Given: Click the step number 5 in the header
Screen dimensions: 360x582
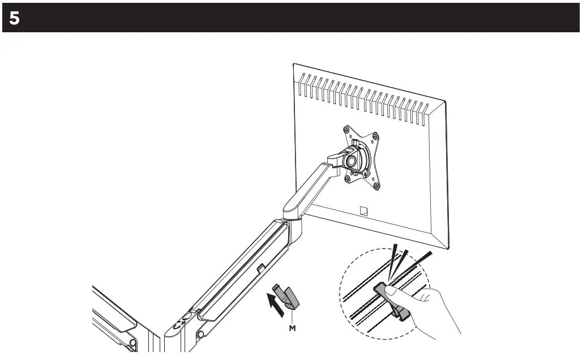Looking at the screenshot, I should [14, 18].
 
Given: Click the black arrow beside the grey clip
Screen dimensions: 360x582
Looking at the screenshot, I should [275, 303].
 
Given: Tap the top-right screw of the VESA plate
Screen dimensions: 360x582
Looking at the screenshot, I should [376, 136].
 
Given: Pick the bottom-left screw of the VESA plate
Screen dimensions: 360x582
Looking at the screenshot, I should [346, 178].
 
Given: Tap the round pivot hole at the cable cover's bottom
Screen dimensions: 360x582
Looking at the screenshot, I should [200, 335].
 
